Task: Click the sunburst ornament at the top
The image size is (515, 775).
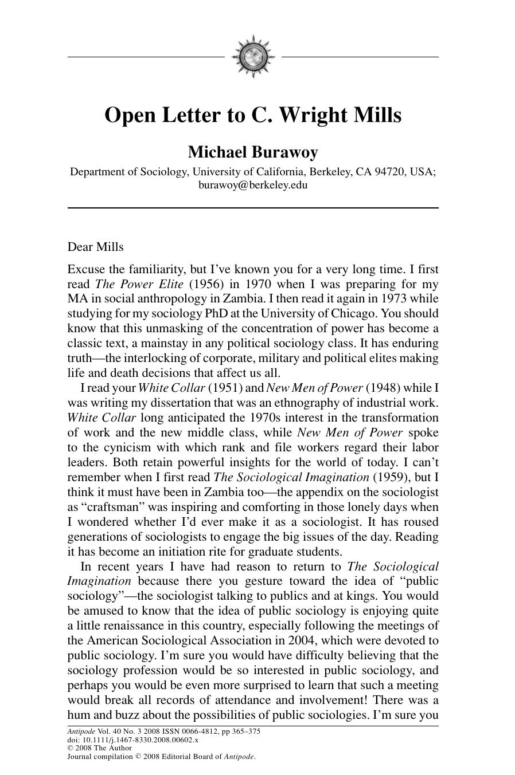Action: tap(253, 56)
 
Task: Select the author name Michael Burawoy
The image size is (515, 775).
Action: tap(253, 152)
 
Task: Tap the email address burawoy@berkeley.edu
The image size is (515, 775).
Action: tap(253, 185)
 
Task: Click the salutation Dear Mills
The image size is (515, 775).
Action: tap(95, 247)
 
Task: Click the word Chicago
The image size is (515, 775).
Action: tap(352, 314)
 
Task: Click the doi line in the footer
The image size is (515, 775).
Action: tap(133, 739)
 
